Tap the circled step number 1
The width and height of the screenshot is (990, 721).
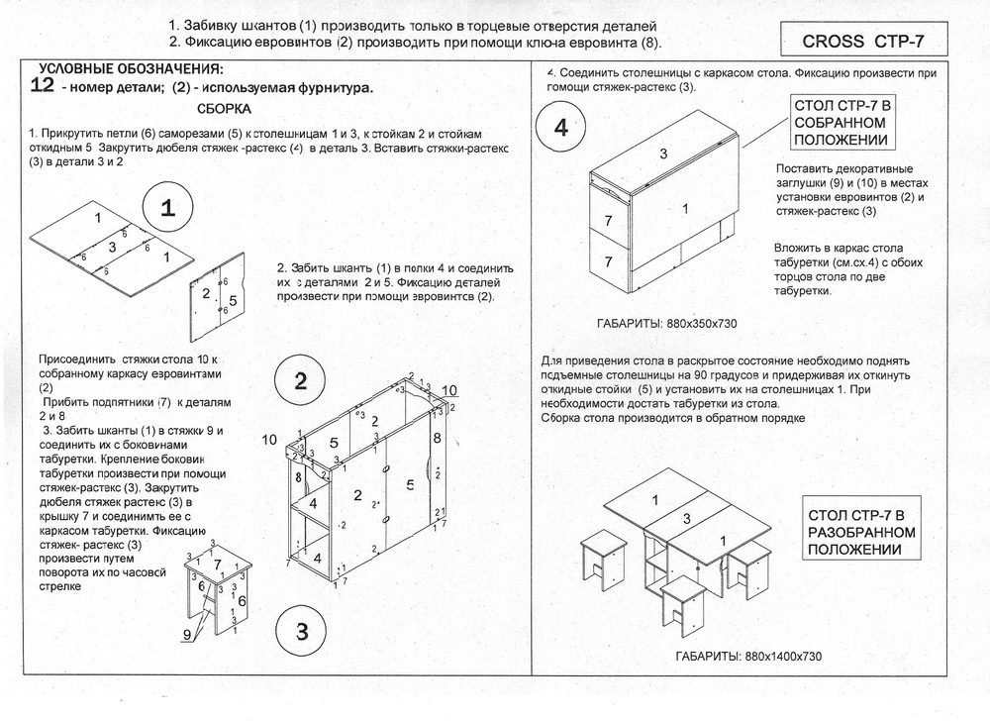point(168,208)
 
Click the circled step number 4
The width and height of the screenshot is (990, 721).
point(561,130)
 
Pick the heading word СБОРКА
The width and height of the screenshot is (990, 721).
point(225,109)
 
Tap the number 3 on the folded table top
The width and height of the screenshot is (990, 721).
point(663,153)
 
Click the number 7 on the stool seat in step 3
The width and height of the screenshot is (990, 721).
point(217,564)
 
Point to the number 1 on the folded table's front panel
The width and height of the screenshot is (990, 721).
point(685,208)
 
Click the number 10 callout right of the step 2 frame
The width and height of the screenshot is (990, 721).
point(449,389)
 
